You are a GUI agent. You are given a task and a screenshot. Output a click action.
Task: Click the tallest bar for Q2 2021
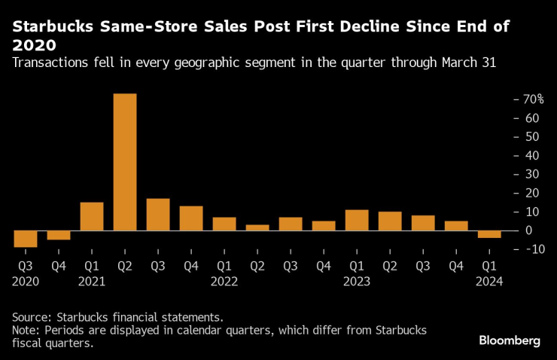click(125, 162)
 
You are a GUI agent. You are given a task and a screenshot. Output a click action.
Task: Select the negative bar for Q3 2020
click(26, 239)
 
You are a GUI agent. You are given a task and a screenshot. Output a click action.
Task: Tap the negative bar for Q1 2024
click(489, 234)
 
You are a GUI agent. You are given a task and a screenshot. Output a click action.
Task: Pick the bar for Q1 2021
click(92, 216)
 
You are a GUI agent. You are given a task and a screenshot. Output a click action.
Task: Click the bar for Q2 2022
click(257, 227)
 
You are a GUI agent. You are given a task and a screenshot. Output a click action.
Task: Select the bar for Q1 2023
click(357, 220)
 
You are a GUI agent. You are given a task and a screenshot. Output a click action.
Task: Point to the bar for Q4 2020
click(59, 235)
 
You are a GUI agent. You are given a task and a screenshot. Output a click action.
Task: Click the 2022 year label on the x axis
click(224, 281)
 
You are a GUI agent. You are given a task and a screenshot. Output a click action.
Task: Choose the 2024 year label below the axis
click(489, 281)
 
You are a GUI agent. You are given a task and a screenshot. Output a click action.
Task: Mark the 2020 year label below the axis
click(26, 281)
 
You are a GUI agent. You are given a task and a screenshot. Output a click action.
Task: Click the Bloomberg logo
click(510, 341)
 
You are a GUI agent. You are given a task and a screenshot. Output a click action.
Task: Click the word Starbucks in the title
click(51, 27)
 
